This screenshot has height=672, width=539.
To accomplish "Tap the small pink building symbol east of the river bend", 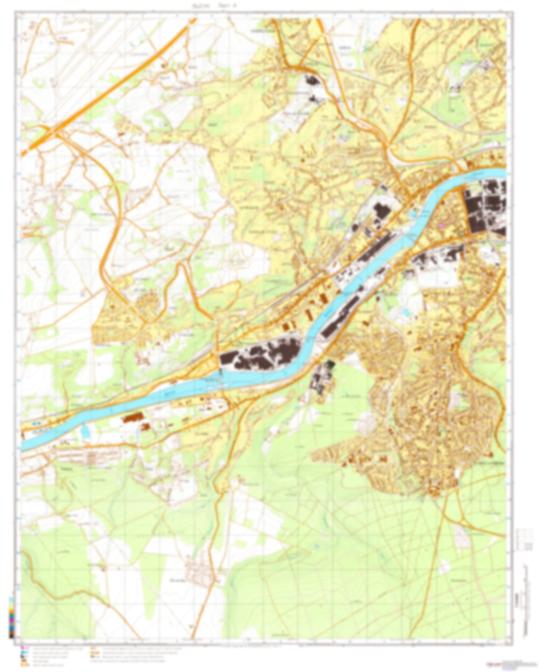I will pos(443,225).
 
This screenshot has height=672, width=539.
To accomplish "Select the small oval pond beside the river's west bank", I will pos(412,214).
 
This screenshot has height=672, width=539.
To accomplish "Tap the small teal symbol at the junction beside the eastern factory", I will pos(462,234).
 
